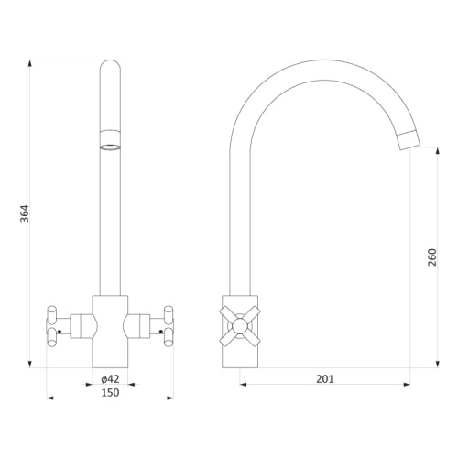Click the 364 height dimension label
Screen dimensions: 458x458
pos(25,213)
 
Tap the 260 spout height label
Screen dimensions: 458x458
pos(432,257)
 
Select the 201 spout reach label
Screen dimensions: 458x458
pos(325,379)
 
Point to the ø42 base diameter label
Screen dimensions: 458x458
pos(110,379)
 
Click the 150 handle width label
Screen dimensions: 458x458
pos(110,393)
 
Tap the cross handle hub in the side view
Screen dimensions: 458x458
pos(240,326)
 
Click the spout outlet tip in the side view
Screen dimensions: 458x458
pos(409,140)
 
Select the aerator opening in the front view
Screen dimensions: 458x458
pos(110,147)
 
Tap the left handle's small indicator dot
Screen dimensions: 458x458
pos(60,331)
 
